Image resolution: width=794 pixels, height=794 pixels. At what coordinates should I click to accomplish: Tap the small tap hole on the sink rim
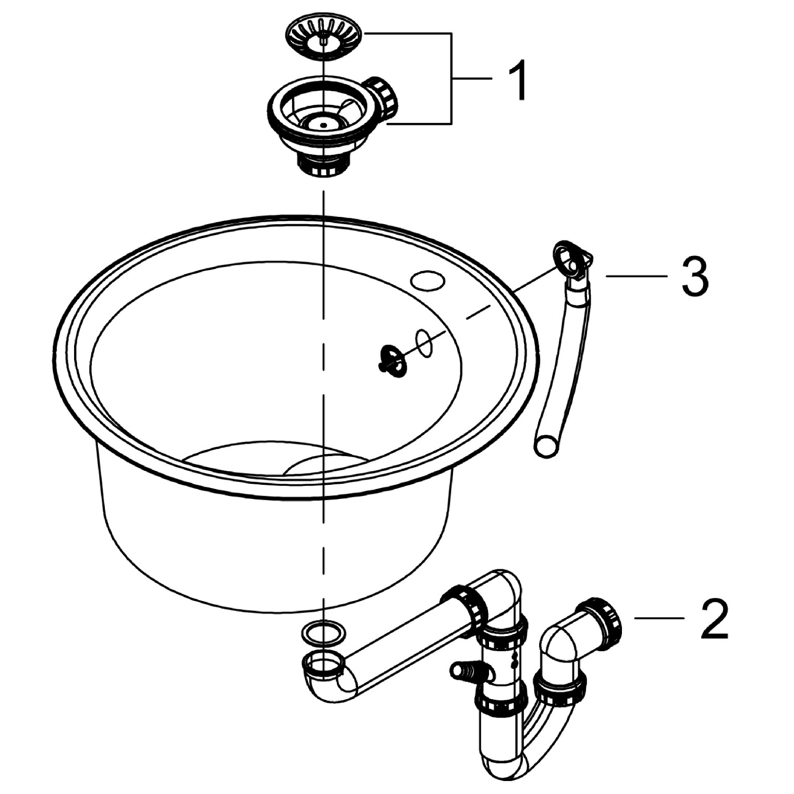tap(428, 280)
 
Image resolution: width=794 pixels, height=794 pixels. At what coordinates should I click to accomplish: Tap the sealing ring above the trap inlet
tap(323, 633)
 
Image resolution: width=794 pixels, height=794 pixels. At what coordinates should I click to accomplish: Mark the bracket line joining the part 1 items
tap(451, 78)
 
